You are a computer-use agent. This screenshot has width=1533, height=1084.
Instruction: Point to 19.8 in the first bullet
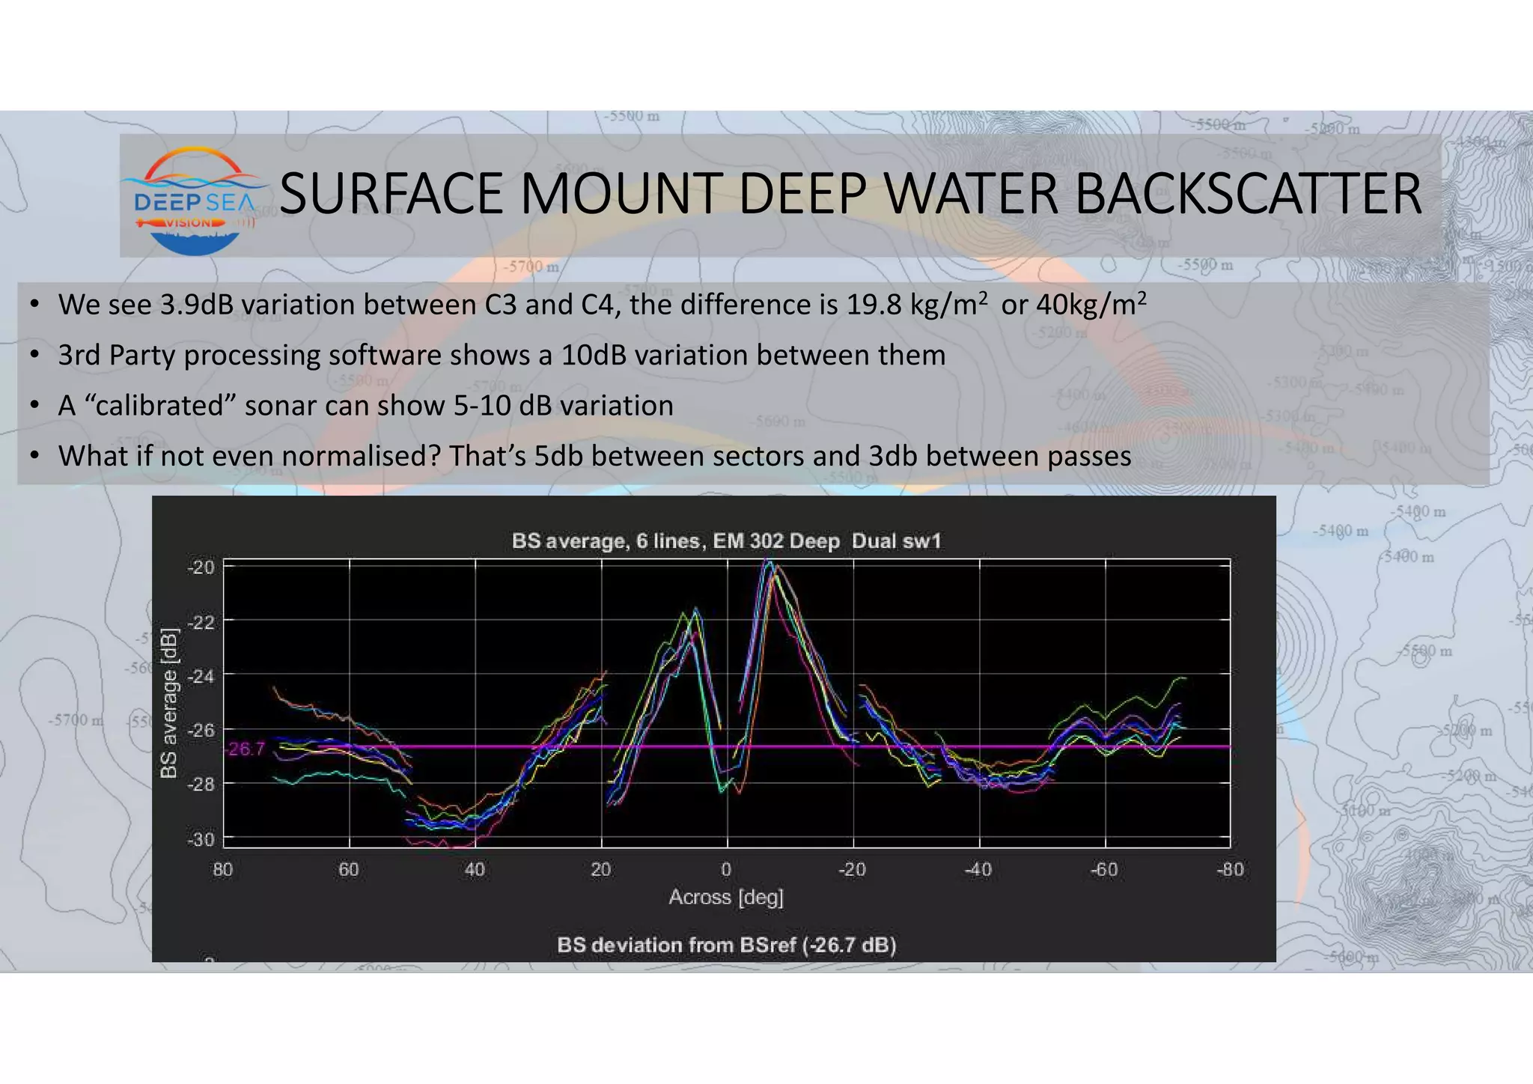(874, 305)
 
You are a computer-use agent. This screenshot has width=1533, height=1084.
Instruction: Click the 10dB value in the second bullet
(592, 355)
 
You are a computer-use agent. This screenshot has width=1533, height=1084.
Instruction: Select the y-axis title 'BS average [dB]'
(170, 702)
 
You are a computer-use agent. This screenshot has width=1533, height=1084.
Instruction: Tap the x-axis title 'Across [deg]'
(726, 897)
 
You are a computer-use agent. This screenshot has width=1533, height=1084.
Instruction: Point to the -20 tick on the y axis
(200, 567)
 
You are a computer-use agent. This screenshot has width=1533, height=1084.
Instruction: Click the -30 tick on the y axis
(200, 839)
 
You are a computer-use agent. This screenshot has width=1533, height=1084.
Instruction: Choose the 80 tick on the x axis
(223, 870)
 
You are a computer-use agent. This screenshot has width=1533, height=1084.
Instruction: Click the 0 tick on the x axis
(726, 870)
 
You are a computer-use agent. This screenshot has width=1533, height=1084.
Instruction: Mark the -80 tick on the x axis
(1230, 870)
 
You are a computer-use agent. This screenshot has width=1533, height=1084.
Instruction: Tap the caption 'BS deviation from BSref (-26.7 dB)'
(726, 946)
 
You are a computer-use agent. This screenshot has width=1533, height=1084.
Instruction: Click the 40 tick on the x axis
(475, 870)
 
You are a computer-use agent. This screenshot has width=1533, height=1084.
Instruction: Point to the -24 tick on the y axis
(200, 675)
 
